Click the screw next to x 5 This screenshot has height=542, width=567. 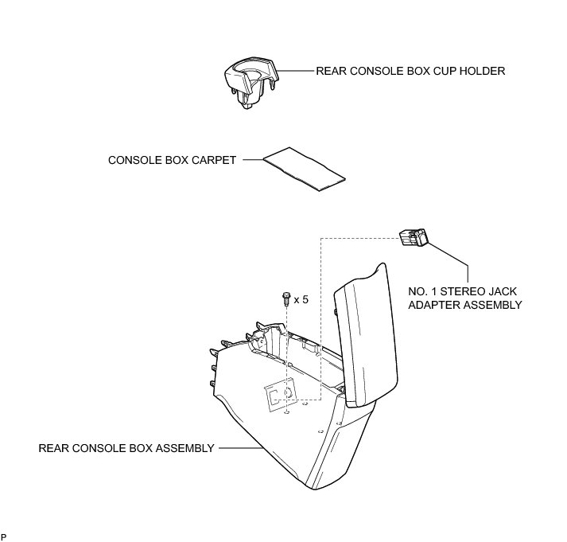pos(285,300)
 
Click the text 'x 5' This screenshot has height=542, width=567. pos(301,300)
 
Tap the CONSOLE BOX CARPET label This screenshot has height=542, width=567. pos(172,160)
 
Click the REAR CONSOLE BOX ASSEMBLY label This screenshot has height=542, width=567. pos(126,448)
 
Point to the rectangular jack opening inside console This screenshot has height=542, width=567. pos(281,393)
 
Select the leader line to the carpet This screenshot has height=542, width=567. pos(253,160)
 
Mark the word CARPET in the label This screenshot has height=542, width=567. pos(216,160)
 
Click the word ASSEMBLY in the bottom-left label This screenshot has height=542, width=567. pos(187,448)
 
